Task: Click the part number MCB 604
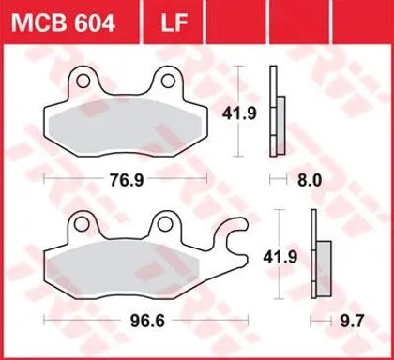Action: coord(63,22)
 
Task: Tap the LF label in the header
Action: coord(174,22)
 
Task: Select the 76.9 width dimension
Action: coord(127,180)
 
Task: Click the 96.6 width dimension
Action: coord(147,321)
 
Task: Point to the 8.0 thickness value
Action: coord(310,180)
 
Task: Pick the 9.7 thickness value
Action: coord(353,321)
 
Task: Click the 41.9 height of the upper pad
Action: coord(239,113)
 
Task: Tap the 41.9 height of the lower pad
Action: coord(280,258)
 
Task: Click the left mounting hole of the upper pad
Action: coord(83,82)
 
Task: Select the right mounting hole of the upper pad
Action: coord(168,81)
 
